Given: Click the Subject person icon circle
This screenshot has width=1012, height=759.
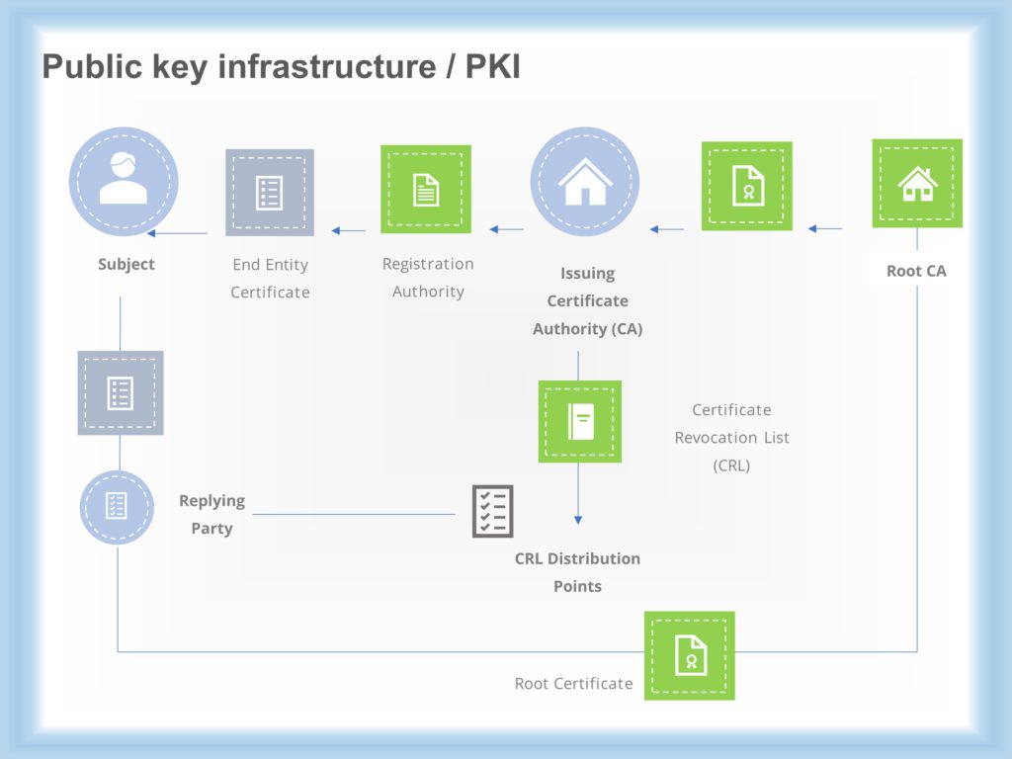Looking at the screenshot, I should tap(124, 181).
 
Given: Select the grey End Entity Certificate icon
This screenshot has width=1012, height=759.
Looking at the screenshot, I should tap(270, 192).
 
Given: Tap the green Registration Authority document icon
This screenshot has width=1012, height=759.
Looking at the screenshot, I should tap(426, 189).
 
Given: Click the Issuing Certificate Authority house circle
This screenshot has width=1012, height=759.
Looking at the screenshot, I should tap(585, 182).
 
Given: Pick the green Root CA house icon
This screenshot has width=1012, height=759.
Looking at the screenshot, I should tap(917, 183).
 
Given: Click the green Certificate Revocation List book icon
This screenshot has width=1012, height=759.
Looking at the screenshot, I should tap(579, 422).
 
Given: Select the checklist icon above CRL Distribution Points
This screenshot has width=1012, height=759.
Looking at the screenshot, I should tap(492, 511).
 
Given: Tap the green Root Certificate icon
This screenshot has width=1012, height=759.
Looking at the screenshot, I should tap(690, 655).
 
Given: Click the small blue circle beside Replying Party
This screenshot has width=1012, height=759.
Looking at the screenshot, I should tap(117, 507).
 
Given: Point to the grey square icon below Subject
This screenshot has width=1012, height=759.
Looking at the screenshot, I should tap(121, 392).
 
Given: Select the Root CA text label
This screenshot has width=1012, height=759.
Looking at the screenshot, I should tap(916, 271).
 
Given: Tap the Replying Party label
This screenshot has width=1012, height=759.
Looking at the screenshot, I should tap(211, 515).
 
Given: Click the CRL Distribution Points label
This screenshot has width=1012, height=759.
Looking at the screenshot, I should tap(577, 572).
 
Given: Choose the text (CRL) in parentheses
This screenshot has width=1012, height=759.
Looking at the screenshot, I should tap(731, 464).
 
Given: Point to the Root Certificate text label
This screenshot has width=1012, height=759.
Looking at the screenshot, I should tap(573, 683).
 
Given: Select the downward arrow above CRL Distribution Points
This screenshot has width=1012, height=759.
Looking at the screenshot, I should tap(579, 517).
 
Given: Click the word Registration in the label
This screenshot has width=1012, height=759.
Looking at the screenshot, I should tap(428, 264).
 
